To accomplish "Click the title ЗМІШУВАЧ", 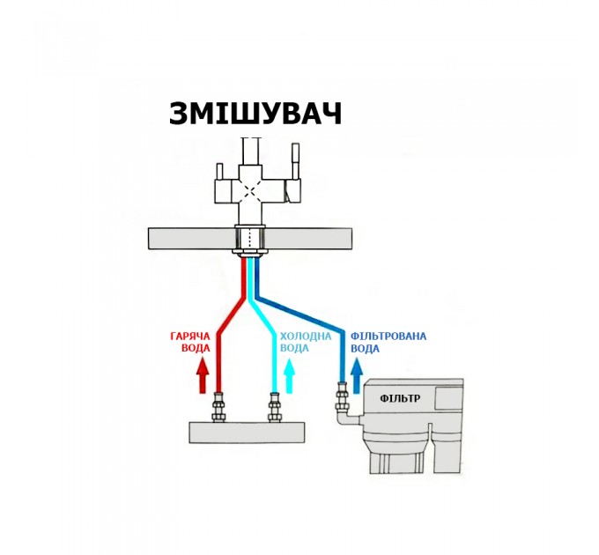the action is [255, 114].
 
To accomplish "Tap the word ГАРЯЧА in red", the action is [190, 337].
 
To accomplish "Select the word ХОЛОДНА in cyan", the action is [306, 337].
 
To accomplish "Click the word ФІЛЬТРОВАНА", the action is [388, 337].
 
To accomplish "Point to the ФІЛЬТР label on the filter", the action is [400, 399].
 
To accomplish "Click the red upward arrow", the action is [203, 376].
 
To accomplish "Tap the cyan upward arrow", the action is [289, 376].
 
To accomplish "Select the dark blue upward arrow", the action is [357, 376].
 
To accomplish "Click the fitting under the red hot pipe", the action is [218, 408].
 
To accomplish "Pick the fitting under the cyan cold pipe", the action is [274, 408].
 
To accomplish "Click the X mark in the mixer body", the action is [249, 190].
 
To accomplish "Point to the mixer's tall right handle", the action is [296, 161].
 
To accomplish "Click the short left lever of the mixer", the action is [219, 173].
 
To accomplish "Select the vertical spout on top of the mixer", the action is [251, 152].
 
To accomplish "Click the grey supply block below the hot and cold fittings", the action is [248, 433].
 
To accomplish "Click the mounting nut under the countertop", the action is [249, 253].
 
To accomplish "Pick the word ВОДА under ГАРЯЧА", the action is [196, 349].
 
